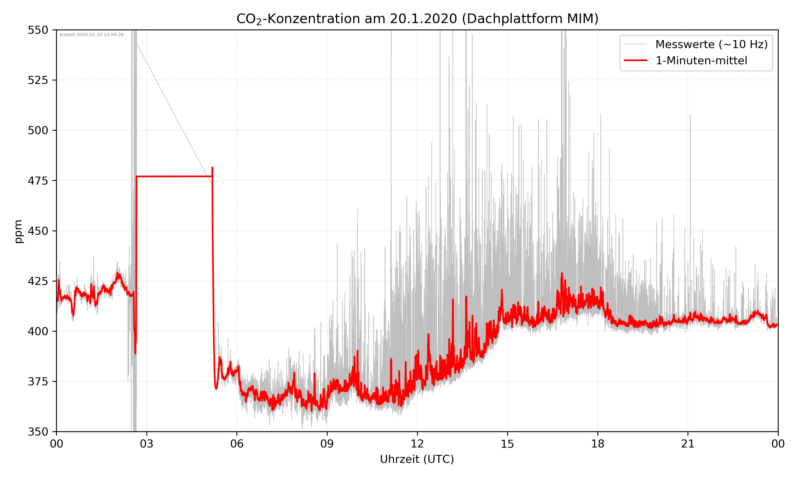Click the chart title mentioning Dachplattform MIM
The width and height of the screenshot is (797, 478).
417,19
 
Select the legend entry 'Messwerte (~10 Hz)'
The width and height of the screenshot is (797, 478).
711,44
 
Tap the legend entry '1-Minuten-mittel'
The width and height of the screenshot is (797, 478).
701,61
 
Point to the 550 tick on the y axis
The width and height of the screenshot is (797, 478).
38,30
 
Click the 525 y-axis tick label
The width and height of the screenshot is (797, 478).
38,80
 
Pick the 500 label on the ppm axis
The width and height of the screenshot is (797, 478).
38,130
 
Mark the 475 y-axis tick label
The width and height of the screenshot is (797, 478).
38,181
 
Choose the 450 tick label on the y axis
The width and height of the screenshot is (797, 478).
38,231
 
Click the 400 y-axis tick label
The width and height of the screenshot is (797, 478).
38,331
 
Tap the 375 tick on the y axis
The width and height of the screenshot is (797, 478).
38,382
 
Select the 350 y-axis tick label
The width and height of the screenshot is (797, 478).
38,432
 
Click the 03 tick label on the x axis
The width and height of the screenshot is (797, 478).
147,444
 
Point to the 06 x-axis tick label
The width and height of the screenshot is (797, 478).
237,444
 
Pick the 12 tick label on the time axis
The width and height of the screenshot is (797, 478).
417,444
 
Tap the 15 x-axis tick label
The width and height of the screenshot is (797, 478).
507,444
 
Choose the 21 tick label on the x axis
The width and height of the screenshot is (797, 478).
688,444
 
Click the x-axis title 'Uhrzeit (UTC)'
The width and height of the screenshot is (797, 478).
417,459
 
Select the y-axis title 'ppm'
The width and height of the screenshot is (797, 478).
18,231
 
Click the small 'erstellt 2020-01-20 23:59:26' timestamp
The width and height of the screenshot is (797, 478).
91,35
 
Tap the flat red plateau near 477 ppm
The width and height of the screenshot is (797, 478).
174,176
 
